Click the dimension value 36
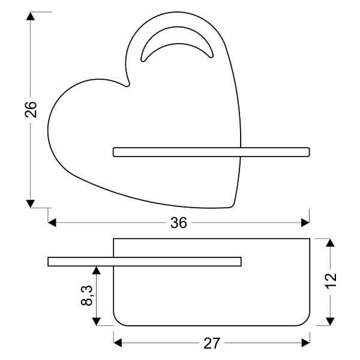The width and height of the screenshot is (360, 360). tap(179, 223)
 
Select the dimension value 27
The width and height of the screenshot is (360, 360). tap(212, 343)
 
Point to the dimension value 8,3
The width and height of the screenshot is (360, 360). tap(86, 295)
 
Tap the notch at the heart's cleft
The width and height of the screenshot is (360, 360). tap(127, 85)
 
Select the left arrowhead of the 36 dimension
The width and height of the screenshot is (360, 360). tap(52, 223)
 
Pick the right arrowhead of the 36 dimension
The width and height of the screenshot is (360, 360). tap(305, 223)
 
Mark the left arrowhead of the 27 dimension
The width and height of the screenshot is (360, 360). tap(118, 343)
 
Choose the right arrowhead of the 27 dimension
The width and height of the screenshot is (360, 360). tap(306, 343)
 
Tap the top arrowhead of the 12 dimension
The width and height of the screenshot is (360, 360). tap(329, 243)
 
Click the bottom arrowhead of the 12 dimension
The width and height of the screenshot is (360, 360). tap(329, 322)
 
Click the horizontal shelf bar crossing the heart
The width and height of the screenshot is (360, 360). tap(210, 152)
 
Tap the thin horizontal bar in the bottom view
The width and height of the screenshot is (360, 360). tap(144, 261)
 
